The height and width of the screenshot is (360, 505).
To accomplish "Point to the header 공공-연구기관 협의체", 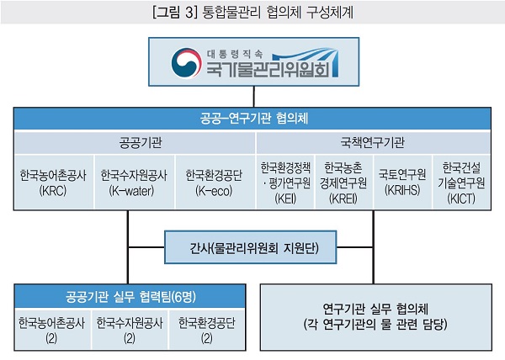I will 252,117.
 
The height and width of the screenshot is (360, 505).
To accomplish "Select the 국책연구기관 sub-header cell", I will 373,140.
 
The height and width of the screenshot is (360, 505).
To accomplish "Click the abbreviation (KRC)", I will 52,190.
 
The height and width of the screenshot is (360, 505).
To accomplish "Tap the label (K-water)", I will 133,190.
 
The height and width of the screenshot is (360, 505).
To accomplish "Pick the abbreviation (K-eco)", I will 214,190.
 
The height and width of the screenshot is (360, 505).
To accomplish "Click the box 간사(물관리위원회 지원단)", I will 252,248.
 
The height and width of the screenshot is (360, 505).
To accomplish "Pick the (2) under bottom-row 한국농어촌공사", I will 52,337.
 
